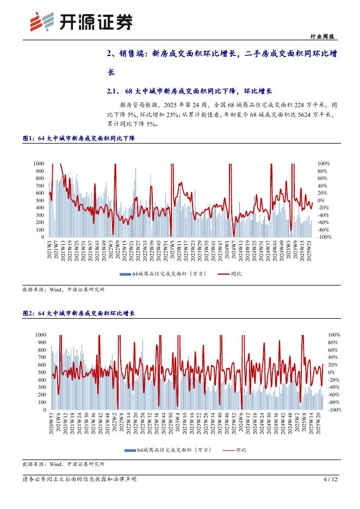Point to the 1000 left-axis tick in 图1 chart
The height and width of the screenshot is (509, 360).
[38, 163]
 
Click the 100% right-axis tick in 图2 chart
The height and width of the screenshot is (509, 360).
[334, 335]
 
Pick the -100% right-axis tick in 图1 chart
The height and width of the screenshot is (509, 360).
[325, 237]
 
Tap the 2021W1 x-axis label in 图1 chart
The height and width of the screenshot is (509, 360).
[50, 251]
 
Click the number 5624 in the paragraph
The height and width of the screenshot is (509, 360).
[303, 115]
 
